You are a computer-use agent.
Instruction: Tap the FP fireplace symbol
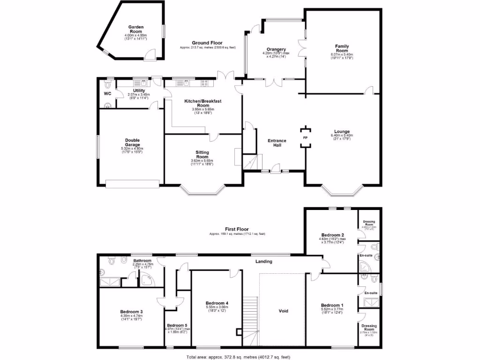point(305,138)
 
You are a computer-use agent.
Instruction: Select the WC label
point(107,93)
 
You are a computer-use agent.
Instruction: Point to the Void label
point(283,311)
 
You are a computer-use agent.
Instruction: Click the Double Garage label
point(132,142)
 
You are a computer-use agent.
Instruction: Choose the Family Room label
point(342,48)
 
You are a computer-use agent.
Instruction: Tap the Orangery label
point(276,49)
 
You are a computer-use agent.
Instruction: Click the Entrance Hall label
point(277,143)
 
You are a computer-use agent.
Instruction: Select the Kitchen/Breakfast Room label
point(202,103)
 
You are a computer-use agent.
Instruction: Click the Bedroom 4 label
point(217,303)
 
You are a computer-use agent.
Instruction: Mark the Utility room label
point(139,90)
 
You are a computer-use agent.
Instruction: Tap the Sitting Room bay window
point(202,189)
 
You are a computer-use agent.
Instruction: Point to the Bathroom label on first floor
point(142,261)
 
